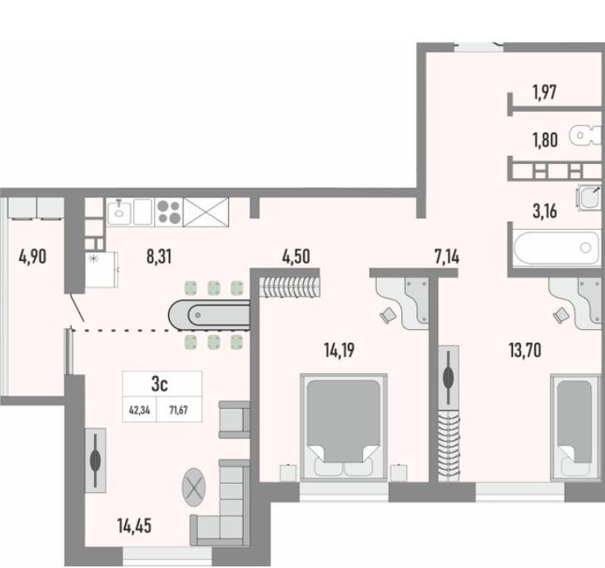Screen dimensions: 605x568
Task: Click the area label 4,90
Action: pyautogui.click(x=32, y=257)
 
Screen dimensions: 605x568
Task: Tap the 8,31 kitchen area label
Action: pyautogui.click(x=159, y=257)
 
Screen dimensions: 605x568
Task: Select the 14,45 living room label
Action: pyautogui.click(x=134, y=526)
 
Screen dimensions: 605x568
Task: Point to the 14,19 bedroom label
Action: pyautogui.click(x=340, y=351)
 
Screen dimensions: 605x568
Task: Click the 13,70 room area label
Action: pyautogui.click(x=525, y=351)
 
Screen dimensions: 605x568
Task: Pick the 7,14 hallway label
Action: pyautogui.click(x=447, y=257)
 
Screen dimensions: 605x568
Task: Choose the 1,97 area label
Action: pyautogui.click(x=544, y=92)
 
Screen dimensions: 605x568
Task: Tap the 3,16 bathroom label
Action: pyautogui.click(x=545, y=212)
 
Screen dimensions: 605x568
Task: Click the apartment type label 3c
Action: pyautogui.click(x=159, y=384)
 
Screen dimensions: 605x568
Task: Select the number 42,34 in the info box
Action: pyautogui.click(x=139, y=410)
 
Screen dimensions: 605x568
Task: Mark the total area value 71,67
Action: pyautogui.click(x=179, y=410)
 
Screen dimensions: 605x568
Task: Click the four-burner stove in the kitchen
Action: pyautogui.click(x=169, y=212)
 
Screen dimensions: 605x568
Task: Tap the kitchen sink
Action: pyautogui.click(x=119, y=212)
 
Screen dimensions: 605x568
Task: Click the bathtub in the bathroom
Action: pyautogui.click(x=558, y=247)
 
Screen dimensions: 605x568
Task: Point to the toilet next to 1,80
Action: pyautogui.click(x=586, y=135)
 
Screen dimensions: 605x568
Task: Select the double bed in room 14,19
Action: pyautogui.click(x=344, y=427)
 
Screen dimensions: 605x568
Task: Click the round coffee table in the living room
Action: pyautogui.click(x=194, y=487)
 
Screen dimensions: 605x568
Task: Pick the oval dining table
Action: pyautogui.click(x=209, y=315)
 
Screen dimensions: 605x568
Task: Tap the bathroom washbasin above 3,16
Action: pyautogui.click(x=589, y=197)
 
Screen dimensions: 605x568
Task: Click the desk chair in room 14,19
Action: pyautogui.click(x=388, y=316)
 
